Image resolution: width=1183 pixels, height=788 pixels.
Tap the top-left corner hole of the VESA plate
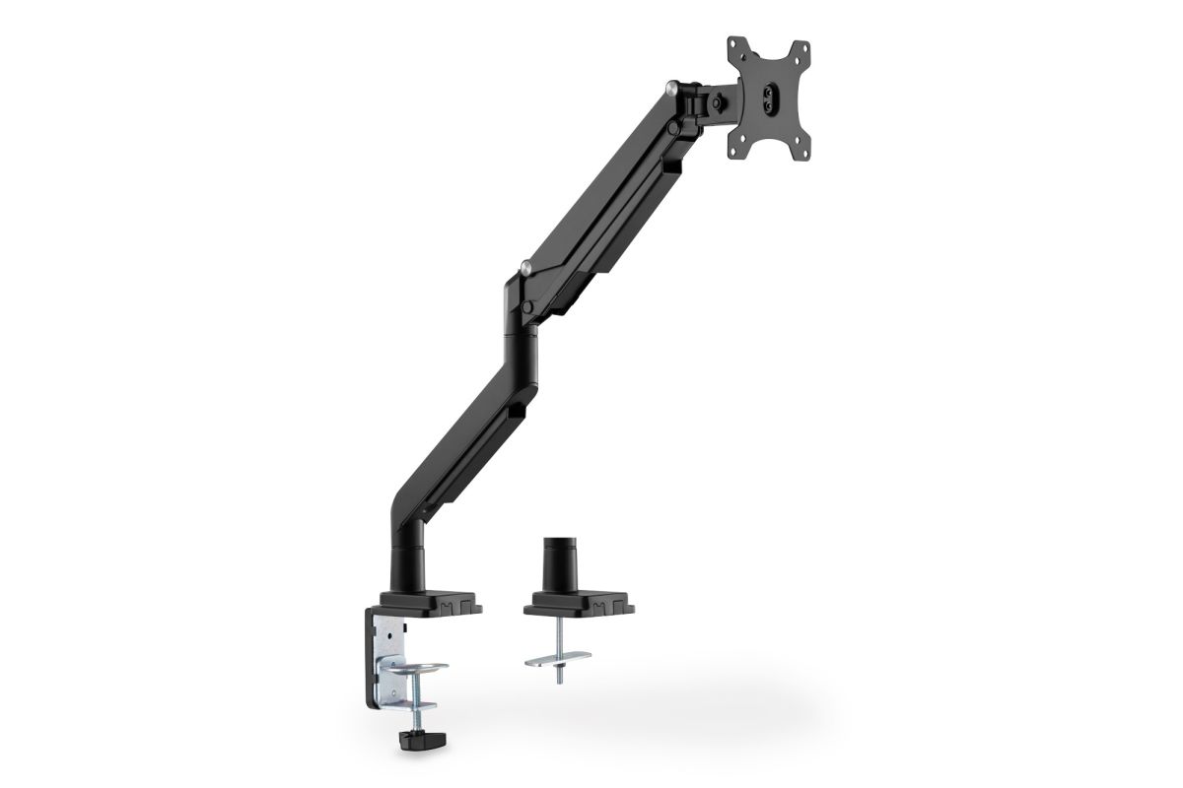(x=734, y=44)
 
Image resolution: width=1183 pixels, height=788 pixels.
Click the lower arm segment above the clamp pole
(x=463, y=414)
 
